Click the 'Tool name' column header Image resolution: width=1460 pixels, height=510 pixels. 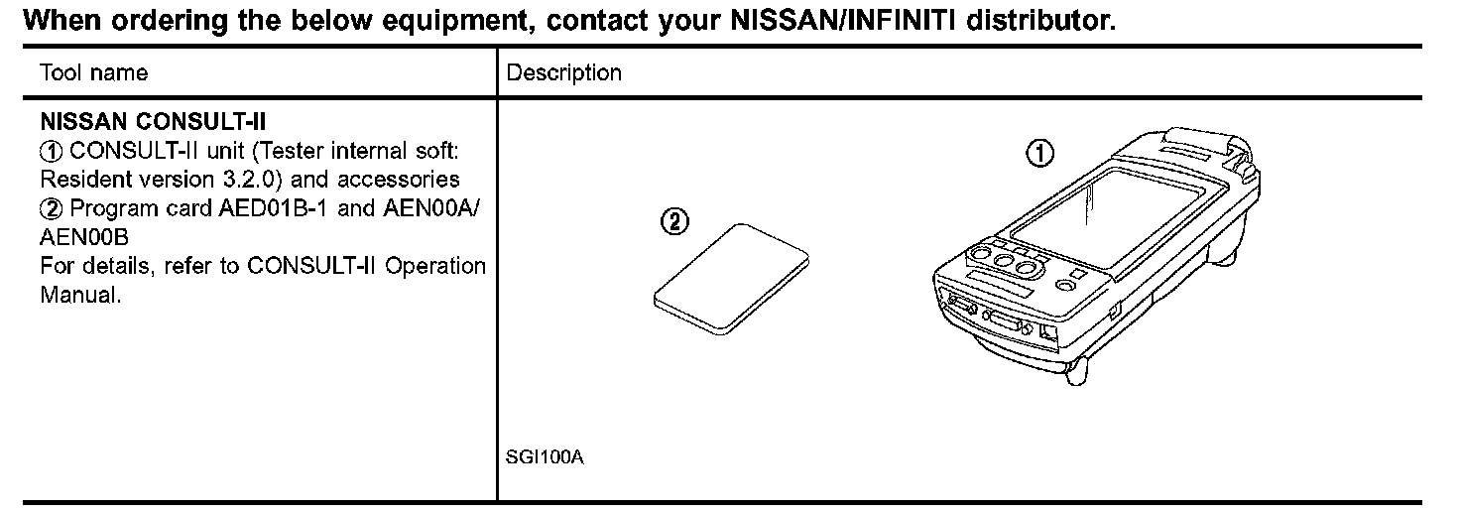93,72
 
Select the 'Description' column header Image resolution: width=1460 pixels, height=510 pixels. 563,72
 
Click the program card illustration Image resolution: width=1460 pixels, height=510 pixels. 732,278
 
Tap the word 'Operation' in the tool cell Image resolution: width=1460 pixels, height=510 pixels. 435,266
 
